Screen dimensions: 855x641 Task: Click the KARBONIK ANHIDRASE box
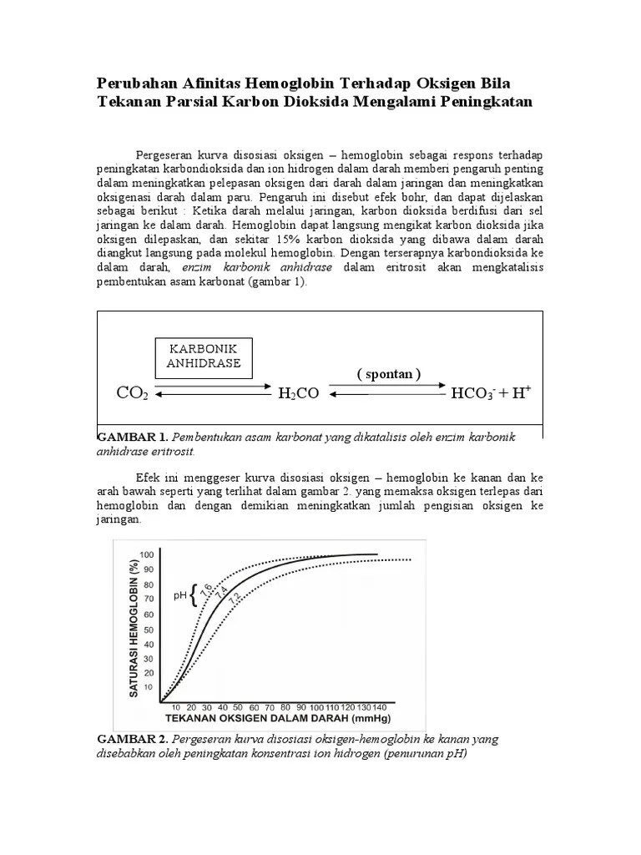coord(204,356)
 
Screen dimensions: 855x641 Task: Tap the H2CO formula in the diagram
coord(299,392)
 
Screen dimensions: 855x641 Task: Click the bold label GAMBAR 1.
coord(133,437)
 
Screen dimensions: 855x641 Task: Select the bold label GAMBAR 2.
coord(133,739)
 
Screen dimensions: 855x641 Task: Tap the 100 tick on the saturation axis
coord(148,554)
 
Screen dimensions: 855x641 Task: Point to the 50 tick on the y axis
coord(149,629)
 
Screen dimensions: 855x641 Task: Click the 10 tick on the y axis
coord(149,688)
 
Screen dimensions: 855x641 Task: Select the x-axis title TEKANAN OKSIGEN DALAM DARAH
coord(278,718)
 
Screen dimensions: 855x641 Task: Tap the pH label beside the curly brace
coord(179,596)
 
